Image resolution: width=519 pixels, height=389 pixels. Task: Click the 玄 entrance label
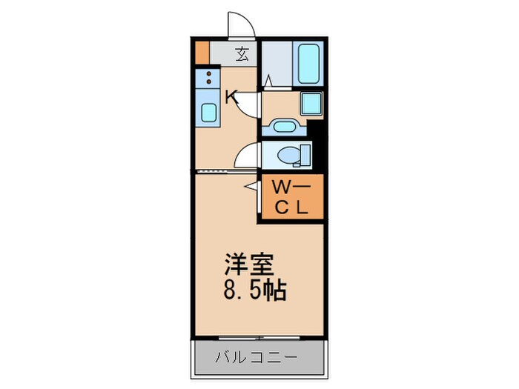pyautogui.click(x=242, y=54)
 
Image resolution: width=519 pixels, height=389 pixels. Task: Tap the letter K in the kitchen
pyautogui.click(x=231, y=96)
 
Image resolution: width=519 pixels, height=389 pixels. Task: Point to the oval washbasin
pyautogui.click(x=283, y=126)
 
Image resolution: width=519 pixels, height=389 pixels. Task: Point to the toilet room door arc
pyautogui.click(x=247, y=156)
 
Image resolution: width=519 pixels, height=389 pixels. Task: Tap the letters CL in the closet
pyautogui.click(x=291, y=207)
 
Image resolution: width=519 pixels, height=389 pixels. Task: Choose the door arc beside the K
pyautogui.click(x=251, y=104)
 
